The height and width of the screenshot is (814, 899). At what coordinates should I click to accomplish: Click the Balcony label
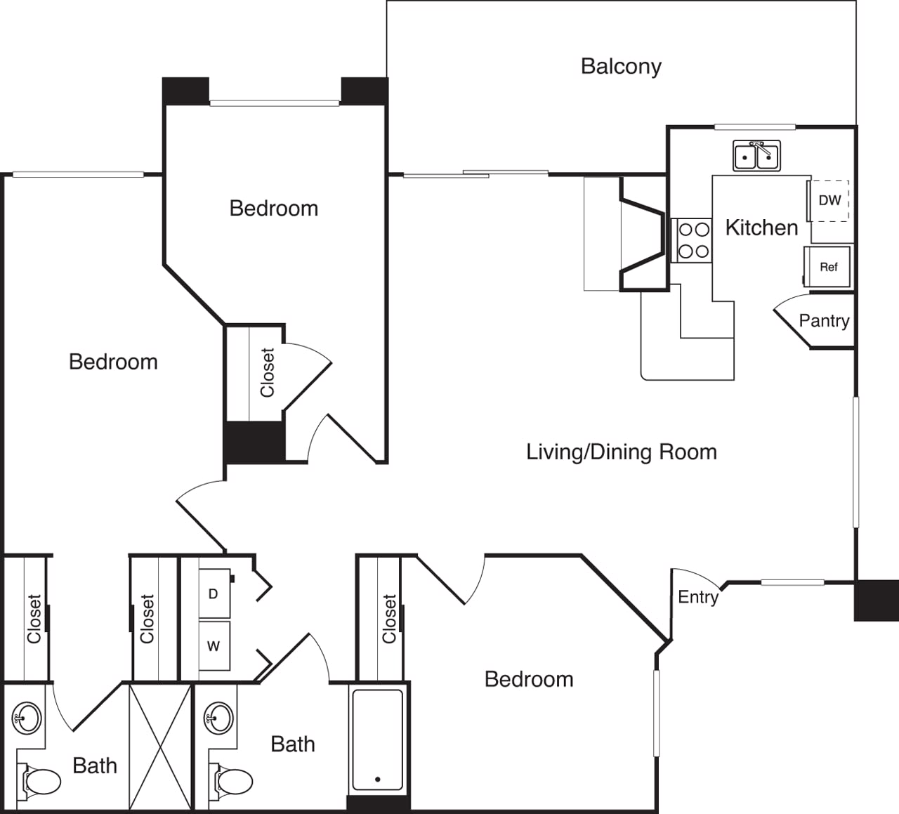coord(621,66)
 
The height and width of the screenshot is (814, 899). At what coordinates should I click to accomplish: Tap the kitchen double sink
coord(756,156)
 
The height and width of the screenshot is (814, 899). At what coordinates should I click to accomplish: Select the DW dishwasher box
coord(829,201)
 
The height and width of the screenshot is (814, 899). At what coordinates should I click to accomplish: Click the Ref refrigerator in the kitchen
coord(828,267)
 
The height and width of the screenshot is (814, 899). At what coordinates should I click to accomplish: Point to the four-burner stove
coord(693,240)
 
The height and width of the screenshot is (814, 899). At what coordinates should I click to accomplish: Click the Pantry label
coord(824,321)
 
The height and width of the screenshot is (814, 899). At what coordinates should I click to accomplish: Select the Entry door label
coord(697,597)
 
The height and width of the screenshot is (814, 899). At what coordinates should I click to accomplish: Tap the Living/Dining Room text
coord(621,452)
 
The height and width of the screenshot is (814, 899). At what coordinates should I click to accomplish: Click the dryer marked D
coord(214,593)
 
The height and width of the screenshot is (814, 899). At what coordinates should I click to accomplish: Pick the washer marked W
coord(214,646)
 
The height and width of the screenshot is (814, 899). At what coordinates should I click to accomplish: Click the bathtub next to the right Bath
coord(378,740)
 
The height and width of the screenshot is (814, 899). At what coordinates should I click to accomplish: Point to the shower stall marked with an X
coord(160,746)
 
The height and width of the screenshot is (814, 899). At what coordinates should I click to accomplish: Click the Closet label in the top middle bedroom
coord(267,373)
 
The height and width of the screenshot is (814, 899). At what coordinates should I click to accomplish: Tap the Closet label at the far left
coord(34,619)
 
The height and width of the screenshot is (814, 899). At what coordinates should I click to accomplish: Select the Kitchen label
coord(761,228)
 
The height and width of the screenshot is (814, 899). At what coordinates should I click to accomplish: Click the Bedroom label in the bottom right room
coord(529,679)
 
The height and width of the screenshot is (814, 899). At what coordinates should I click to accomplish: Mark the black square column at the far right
coord(876,600)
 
